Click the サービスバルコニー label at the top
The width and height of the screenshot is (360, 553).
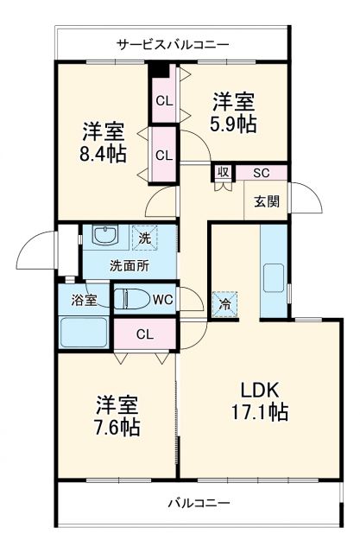(173, 42)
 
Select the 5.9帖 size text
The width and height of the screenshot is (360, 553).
(233, 124)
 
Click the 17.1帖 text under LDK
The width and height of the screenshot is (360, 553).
(261, 412)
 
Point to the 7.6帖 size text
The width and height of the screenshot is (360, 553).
(117, 426)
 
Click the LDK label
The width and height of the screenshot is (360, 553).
(261, 388)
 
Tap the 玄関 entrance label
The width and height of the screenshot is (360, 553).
(266, 201)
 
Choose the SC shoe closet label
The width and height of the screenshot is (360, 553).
(261, 172)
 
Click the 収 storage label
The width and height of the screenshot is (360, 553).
(223, 172)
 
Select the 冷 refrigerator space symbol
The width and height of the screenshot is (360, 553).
(224, 303)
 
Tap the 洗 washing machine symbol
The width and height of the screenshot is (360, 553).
(145, 237)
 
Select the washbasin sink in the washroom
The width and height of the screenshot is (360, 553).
(104, 236)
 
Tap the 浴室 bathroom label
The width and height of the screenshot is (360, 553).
(85, 301)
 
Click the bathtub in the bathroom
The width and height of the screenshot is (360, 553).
(83, 333)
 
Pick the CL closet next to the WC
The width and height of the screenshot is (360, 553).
(145, 334)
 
